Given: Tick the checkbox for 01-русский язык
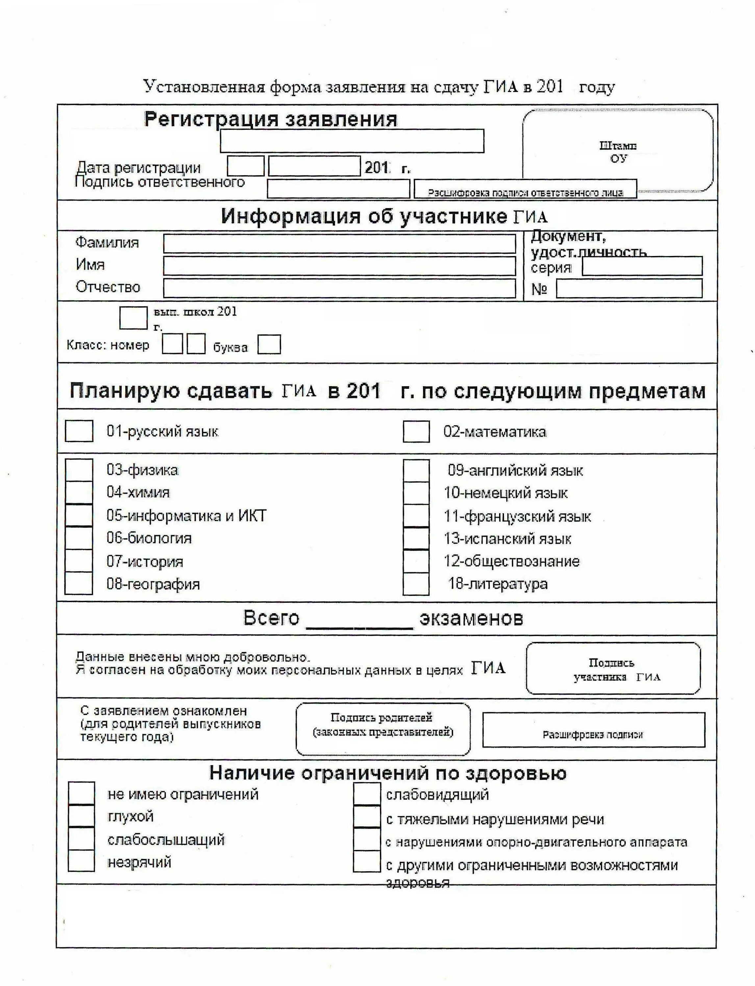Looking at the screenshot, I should pos(79,431).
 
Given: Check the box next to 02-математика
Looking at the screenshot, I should pos(416,432).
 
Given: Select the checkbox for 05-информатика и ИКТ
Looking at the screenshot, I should pos(79,515).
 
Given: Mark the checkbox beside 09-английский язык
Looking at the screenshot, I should pos(416,470).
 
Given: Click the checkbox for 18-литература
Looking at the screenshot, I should pos(416,584).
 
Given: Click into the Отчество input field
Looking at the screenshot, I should pos(339,288).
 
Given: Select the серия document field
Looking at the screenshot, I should pos(642,266).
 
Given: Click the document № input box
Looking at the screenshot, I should pos(629,289).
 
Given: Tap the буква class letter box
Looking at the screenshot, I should pos(269,344).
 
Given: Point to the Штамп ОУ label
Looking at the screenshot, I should pos(618,152).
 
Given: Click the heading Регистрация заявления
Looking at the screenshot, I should pos(270,119).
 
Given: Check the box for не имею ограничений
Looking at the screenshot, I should pos(81,793).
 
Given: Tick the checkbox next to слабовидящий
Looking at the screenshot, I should pos(367,793).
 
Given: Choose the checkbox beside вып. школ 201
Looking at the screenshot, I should pos(133,317).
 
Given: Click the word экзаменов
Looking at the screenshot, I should pos(471,618).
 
